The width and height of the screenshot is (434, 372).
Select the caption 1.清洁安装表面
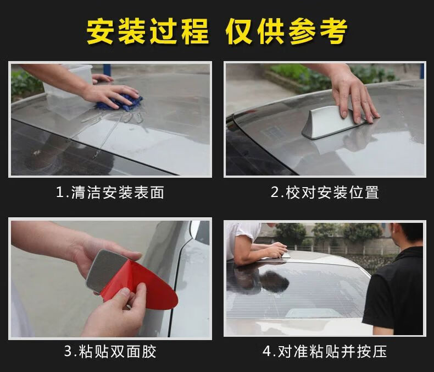(110, 192)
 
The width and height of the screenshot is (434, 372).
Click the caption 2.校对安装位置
(325, 192)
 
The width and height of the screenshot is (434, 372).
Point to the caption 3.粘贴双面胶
(110, 351)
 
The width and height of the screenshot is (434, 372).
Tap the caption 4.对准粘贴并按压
(325, 351)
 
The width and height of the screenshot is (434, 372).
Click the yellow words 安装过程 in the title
(147, 31)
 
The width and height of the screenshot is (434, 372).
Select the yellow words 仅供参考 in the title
(286, 31)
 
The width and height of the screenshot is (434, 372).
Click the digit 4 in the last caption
(267, 352)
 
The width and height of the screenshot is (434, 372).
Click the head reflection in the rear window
(274, 281)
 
